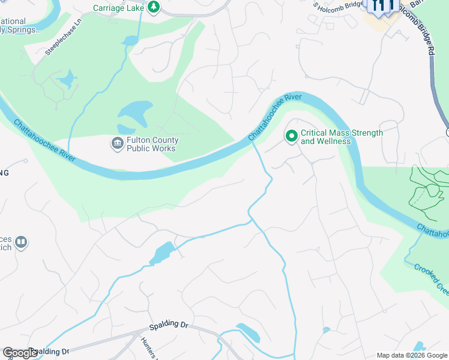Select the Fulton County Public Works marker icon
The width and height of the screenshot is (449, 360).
coord(116,144)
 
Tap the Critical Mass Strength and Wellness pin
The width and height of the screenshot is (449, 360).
coord(292,137)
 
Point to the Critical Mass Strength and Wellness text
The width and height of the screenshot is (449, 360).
coord(342,137)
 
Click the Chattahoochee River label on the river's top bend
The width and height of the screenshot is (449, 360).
coord(276,116)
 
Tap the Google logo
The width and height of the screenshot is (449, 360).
coord(20,353)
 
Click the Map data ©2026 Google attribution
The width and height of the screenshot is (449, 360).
coord(411,355)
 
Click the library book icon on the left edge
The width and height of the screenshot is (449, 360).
coord(21,242)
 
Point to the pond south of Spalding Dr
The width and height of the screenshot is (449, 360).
coord(248,332)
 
